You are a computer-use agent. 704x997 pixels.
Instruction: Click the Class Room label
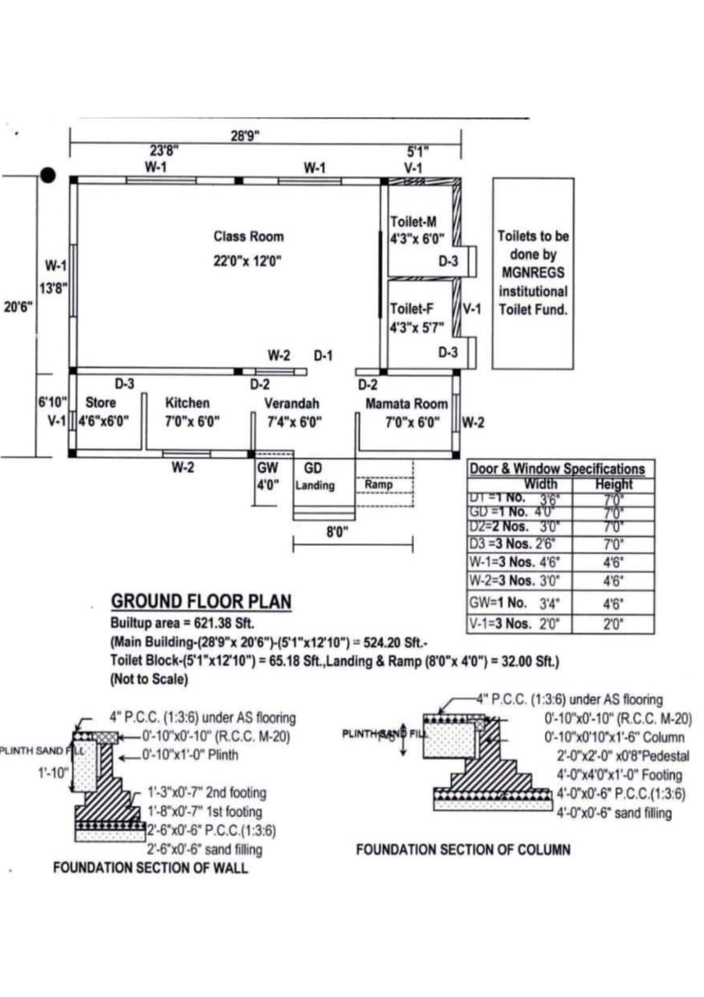coord(248,236)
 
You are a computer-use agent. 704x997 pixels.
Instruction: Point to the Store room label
coord(100,403)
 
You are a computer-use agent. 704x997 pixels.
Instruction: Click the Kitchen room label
coord(187,403)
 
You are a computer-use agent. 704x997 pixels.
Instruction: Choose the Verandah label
coord(291,403)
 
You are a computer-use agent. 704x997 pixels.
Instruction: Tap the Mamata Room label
coord(407,403)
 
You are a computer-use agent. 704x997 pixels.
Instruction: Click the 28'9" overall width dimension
coord(245,136)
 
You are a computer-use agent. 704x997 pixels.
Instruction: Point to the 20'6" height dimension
coord(19,307)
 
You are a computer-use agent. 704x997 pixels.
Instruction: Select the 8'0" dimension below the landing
coord(336,532)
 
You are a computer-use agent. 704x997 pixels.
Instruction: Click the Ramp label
coord(377,484)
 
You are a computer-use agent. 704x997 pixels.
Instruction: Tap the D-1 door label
coord(323,355)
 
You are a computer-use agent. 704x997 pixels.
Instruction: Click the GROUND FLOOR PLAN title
coord(201,601)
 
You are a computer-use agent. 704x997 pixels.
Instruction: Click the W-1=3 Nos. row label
coord(502,562)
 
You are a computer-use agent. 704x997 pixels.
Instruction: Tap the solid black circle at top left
coord(48,174)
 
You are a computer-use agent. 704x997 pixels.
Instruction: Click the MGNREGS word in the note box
coord(533,273)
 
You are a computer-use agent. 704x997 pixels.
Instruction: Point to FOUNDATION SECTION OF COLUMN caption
coord(463,849)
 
